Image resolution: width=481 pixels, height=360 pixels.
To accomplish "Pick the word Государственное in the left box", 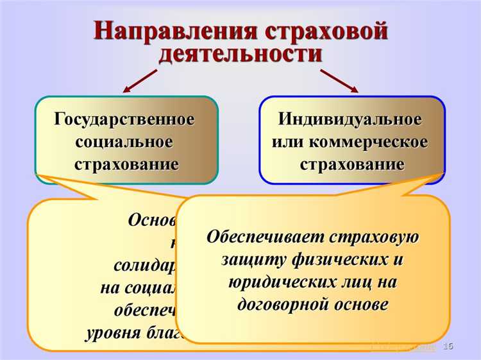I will [125, 120].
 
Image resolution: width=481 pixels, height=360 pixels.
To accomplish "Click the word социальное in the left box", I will [124, 142].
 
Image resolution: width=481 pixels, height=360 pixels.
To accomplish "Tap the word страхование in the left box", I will [126, 164].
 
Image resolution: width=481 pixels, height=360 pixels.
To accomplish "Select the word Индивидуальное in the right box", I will [351, 120].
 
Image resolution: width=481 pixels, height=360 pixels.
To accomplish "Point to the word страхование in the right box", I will [351, 164].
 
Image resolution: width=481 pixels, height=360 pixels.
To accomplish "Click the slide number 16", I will [448, 347].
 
